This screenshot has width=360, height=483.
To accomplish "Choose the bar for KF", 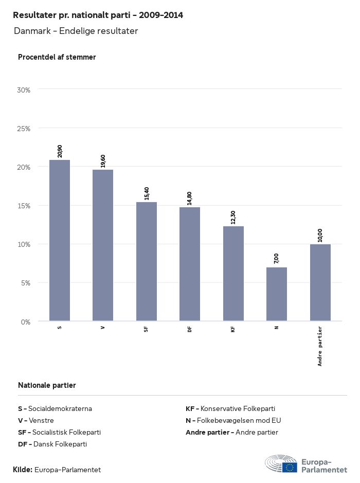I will (233, 274).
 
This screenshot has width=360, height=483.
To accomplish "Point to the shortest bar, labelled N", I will (277, 294).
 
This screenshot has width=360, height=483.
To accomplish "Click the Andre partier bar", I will (320, 282).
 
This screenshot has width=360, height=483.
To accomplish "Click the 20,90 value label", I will (60, 151).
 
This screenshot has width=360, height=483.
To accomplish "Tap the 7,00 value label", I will (277, 258).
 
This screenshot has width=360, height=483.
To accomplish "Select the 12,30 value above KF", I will (233, 217).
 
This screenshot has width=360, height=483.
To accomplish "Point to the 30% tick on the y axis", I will (24, 90).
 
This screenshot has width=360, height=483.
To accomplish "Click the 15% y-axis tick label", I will (24, 206).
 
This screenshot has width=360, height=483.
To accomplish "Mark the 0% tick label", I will (26, 322).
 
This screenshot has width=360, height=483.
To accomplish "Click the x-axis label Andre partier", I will (320, 346).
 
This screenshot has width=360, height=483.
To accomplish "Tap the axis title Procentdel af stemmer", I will (57, 57).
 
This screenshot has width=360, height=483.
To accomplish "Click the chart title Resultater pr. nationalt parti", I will (98, 15).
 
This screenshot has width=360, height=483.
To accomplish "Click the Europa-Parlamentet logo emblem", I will (281, 464).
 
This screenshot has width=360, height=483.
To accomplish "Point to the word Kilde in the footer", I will (23, 470).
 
